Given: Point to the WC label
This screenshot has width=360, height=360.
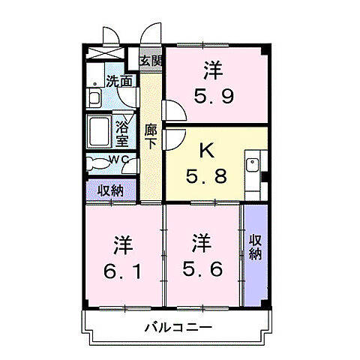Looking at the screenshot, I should [119, 160].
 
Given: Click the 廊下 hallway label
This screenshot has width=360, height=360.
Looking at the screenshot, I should [151, 135].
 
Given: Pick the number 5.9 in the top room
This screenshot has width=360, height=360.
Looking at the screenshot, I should [213, 95].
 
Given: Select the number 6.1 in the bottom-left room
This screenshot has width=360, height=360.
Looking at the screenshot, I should [123, 268].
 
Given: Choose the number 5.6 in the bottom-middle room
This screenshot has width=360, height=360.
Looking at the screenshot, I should [200, 268].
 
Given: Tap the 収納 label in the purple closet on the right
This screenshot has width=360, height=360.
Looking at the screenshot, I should [255, 247].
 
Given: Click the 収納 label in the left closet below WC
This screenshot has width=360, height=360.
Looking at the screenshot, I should [110, 190].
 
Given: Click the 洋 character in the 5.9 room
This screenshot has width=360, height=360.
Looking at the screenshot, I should [213, 70].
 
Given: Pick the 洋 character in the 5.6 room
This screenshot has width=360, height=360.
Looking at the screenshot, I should [200, 243].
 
